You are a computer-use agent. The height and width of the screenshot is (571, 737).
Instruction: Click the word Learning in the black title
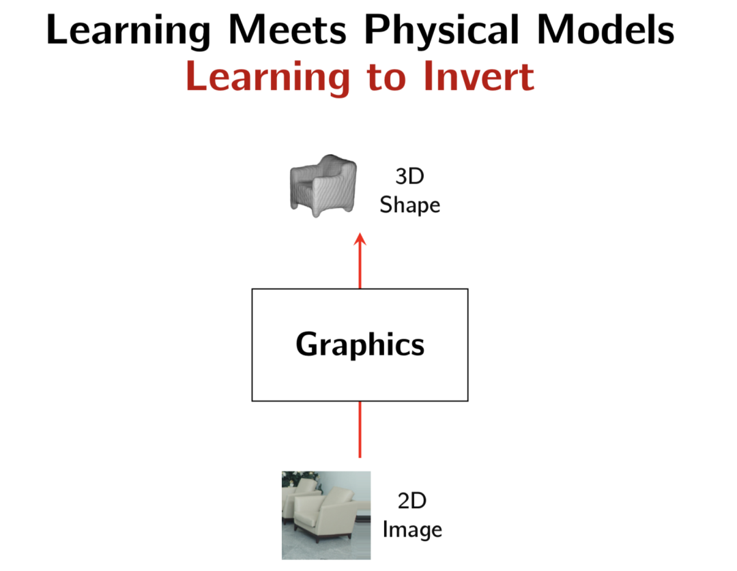[x=128, y=31]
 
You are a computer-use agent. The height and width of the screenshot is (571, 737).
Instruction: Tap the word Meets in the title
[x=287, y=29]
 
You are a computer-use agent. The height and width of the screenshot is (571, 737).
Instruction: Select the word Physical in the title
[x=442, y=31]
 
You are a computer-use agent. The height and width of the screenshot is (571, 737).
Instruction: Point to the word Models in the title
[x=605, y=29]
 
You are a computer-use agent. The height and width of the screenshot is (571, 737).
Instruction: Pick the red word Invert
[x=478, y=76]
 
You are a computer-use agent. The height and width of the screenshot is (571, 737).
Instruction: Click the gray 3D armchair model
[x=323, y=186]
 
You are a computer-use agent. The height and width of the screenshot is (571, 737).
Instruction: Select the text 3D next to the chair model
[x=409, y=176]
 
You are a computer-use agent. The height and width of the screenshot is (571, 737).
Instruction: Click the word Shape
[x=410, y=205]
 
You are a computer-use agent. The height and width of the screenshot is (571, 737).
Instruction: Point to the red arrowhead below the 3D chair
[x=360, y=239]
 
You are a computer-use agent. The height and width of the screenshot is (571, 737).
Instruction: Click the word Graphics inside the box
[x=360, y=345]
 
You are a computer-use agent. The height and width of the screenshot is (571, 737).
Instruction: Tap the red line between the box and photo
[x=360, y=429]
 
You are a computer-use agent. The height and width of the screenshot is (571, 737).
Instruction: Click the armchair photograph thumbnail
[x=326, y=515]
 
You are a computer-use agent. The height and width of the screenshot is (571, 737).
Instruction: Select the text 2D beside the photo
[x=411, y=501]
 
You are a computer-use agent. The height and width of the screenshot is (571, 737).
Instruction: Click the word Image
[x=412, y=530]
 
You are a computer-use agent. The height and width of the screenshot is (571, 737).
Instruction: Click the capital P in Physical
[x=377, y=29]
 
